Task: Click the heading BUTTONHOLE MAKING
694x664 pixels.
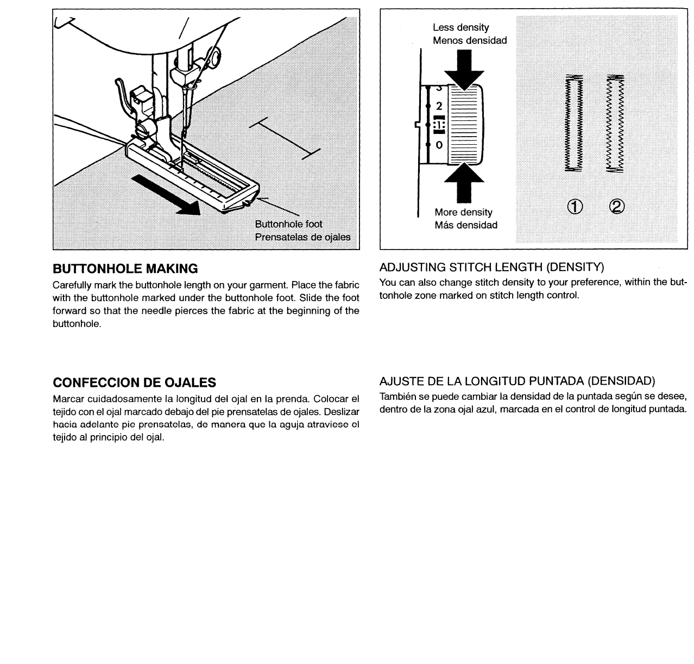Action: pos(125,269)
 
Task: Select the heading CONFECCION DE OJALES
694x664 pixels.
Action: pos(134,382)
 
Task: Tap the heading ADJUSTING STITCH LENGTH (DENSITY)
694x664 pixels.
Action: pos(491,267)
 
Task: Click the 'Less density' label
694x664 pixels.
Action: pos(460,27)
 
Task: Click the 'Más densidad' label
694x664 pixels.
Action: pos(466,225)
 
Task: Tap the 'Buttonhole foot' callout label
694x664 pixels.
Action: pos(288,224)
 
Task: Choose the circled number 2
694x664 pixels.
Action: pos(617,206)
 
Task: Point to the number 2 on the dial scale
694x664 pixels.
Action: pos(439,105)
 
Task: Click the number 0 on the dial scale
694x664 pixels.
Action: pos(439,145)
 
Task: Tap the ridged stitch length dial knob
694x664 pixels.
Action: pos(465,125)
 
